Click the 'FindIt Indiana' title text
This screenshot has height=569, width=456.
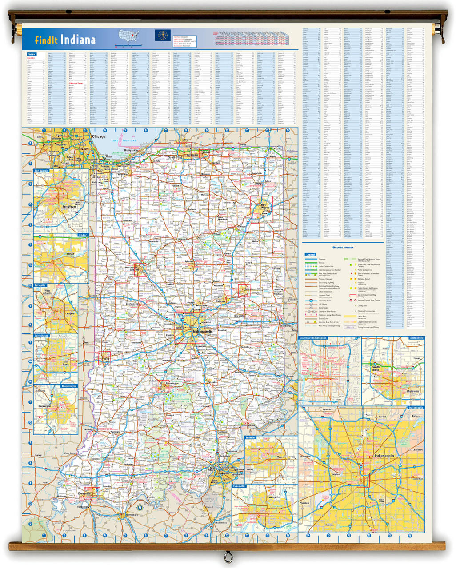tap(65, 40)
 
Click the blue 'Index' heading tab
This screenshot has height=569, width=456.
tap(32, 54)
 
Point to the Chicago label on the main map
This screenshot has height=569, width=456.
tap(99, 136)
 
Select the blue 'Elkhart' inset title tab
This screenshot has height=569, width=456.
tap(83, 235)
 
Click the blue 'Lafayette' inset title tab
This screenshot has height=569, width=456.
tap(41, 285)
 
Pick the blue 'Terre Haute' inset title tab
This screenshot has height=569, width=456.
tap(41, 336)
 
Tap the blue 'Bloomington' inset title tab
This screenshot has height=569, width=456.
tap(69, 386)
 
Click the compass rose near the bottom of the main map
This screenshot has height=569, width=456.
tap(140, 508)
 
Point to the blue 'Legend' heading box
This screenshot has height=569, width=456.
tap(310, 255)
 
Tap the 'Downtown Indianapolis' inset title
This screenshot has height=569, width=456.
tap(313, 338)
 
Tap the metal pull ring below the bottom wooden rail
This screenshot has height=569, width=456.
tap(228, 556)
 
